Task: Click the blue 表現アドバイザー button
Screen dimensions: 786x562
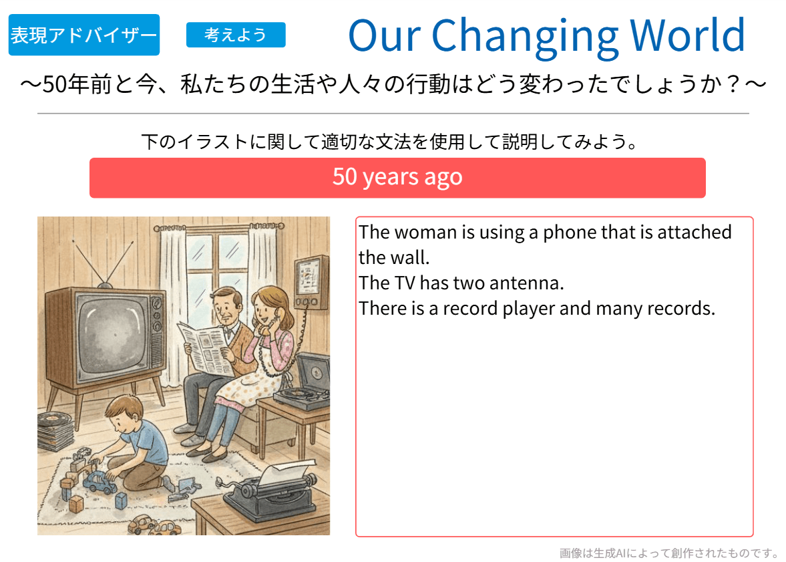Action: [x=84, y=35]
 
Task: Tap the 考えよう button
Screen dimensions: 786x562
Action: [x=236, y=35]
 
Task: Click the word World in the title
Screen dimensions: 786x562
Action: [x=686, y=35]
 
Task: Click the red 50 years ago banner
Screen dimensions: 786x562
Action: [x=397, y=178]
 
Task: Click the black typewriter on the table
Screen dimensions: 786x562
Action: [x=271, y=492]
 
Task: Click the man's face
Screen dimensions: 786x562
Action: [x=226, y=308]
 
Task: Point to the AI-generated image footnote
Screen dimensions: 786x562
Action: [x=670, y=553]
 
